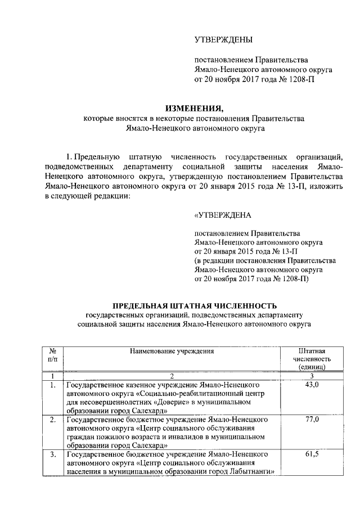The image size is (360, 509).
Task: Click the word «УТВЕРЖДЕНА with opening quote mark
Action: tap(223, 215)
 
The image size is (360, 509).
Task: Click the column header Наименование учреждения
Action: tap(172, 351)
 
